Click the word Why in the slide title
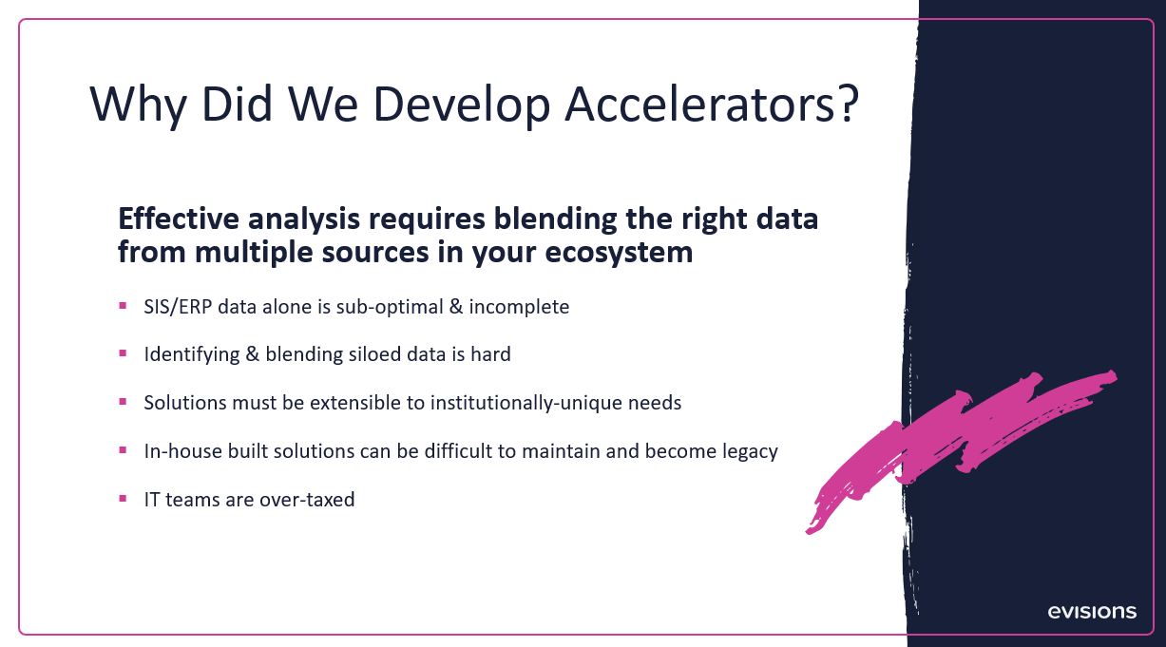pyautogui.click(x=142, y=105)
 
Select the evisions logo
pyautogui.click(x=1092, y=612)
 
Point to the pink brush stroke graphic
pyautogui.click(x=960, y=442)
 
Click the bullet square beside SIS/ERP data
pyautogui.click(x=123, y=306)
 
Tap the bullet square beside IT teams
pyautogui.click(x=123, y=498)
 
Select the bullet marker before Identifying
pyautogui.click(x=123, y=353)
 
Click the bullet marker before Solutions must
pyautogui.click(x=123, y=402)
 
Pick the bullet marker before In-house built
pyautogui.click(x=123, y=449)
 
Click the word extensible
pyautogui.click(x=356, y=403)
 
